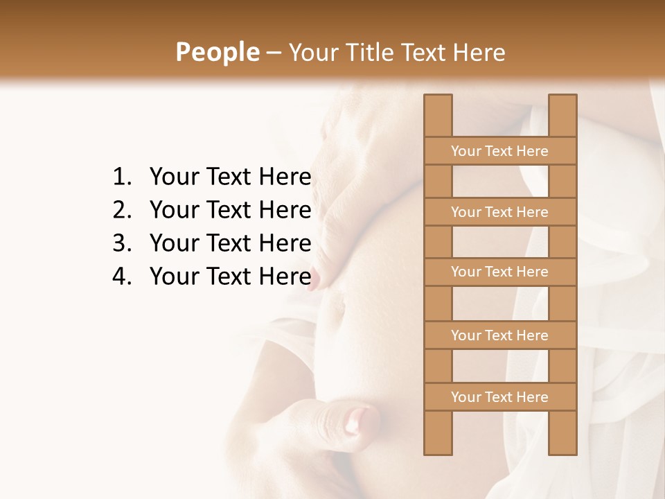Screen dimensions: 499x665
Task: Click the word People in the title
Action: pyautogui.click(x=217, y=53)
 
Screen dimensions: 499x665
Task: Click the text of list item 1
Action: pyautogui.click(x=230, y=177)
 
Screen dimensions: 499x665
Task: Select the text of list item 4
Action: pyautogui.click(x=230, y=277)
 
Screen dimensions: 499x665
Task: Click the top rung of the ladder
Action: pyautogui.click(x=499, y=151)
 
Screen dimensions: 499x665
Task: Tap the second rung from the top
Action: pyautogui.click(x=499, y=212)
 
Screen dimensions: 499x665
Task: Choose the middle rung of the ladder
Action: pyautogui.click(x=499, y=272)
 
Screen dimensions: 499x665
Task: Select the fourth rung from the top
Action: pyautogui.click(x=499, y=335)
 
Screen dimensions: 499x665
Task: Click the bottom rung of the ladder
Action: pyautogui.click(x=499, y=397)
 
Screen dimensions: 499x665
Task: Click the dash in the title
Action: pyautogui.click(x=274, y=53)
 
